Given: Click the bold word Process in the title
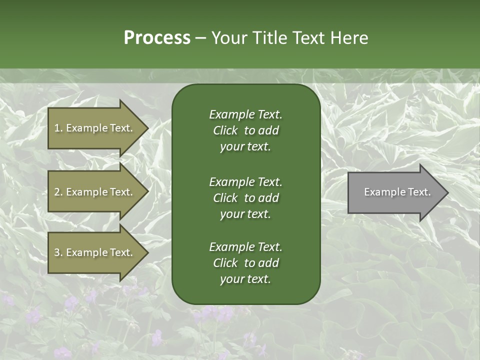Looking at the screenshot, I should [157, 38].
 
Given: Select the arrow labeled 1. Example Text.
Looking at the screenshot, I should [95, 128].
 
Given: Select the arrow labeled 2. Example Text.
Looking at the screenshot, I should [95, 192].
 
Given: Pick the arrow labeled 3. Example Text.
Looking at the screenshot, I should [95, 252].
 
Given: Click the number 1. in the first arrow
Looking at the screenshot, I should [58, 128].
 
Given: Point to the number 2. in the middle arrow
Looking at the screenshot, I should [58, 192].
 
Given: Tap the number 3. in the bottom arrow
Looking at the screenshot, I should [58, 252].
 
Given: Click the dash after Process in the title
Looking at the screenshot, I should [201, 38].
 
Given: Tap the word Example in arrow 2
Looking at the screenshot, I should [86, 192].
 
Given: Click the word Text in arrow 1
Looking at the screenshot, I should [121, 128].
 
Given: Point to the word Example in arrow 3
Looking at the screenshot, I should [86, 252].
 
